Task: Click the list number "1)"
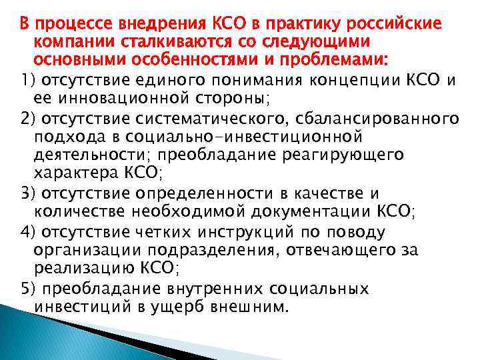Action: point(27,81)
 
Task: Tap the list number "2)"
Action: point(27,119)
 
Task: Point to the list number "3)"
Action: point(27,193)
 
